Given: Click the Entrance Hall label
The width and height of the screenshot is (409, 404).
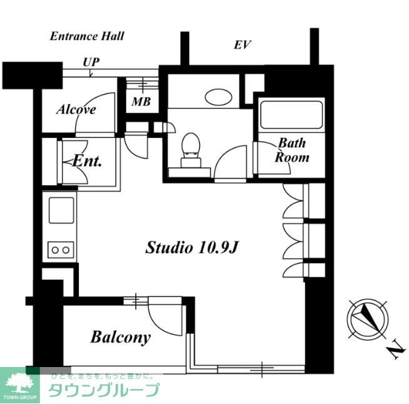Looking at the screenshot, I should point(87,36).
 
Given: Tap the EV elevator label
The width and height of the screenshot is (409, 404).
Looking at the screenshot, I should point(242,44).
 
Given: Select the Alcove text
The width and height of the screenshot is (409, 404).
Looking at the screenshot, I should point(76,110).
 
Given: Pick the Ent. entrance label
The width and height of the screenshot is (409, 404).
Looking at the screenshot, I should point(88,160).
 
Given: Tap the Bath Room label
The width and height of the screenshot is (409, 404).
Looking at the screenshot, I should point(292,150).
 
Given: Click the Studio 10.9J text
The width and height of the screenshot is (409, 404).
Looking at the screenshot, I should point(192,247).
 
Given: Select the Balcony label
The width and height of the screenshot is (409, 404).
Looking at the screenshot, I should point(121,338).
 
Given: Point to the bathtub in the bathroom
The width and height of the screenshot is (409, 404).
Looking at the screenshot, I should point(291,115).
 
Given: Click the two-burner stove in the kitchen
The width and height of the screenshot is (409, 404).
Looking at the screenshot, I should point(61,249).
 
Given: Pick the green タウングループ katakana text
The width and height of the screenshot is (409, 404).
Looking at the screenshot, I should point(103,390).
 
